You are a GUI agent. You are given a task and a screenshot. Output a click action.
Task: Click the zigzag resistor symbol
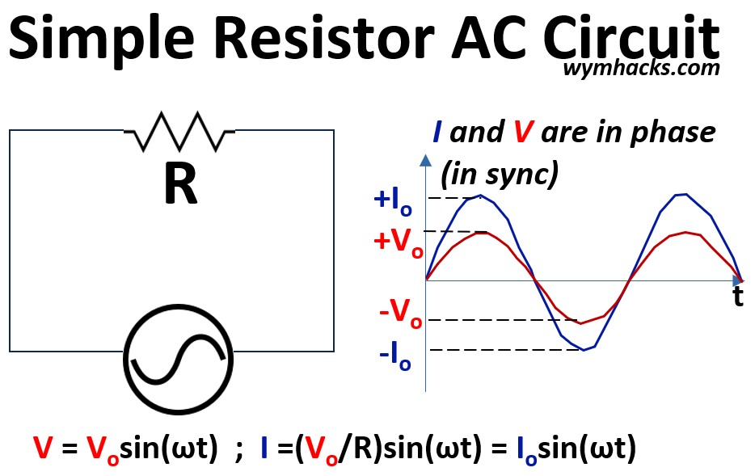(x=179, y=131)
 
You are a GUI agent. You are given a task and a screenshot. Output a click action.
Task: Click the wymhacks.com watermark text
(x=641, y=68)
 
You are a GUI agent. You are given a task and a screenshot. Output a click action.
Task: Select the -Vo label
(x=400, y=313)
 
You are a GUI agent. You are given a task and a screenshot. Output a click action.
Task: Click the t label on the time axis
(x=737, y=297)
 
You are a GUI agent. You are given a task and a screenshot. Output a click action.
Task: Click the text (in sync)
(x=499, y=172)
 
